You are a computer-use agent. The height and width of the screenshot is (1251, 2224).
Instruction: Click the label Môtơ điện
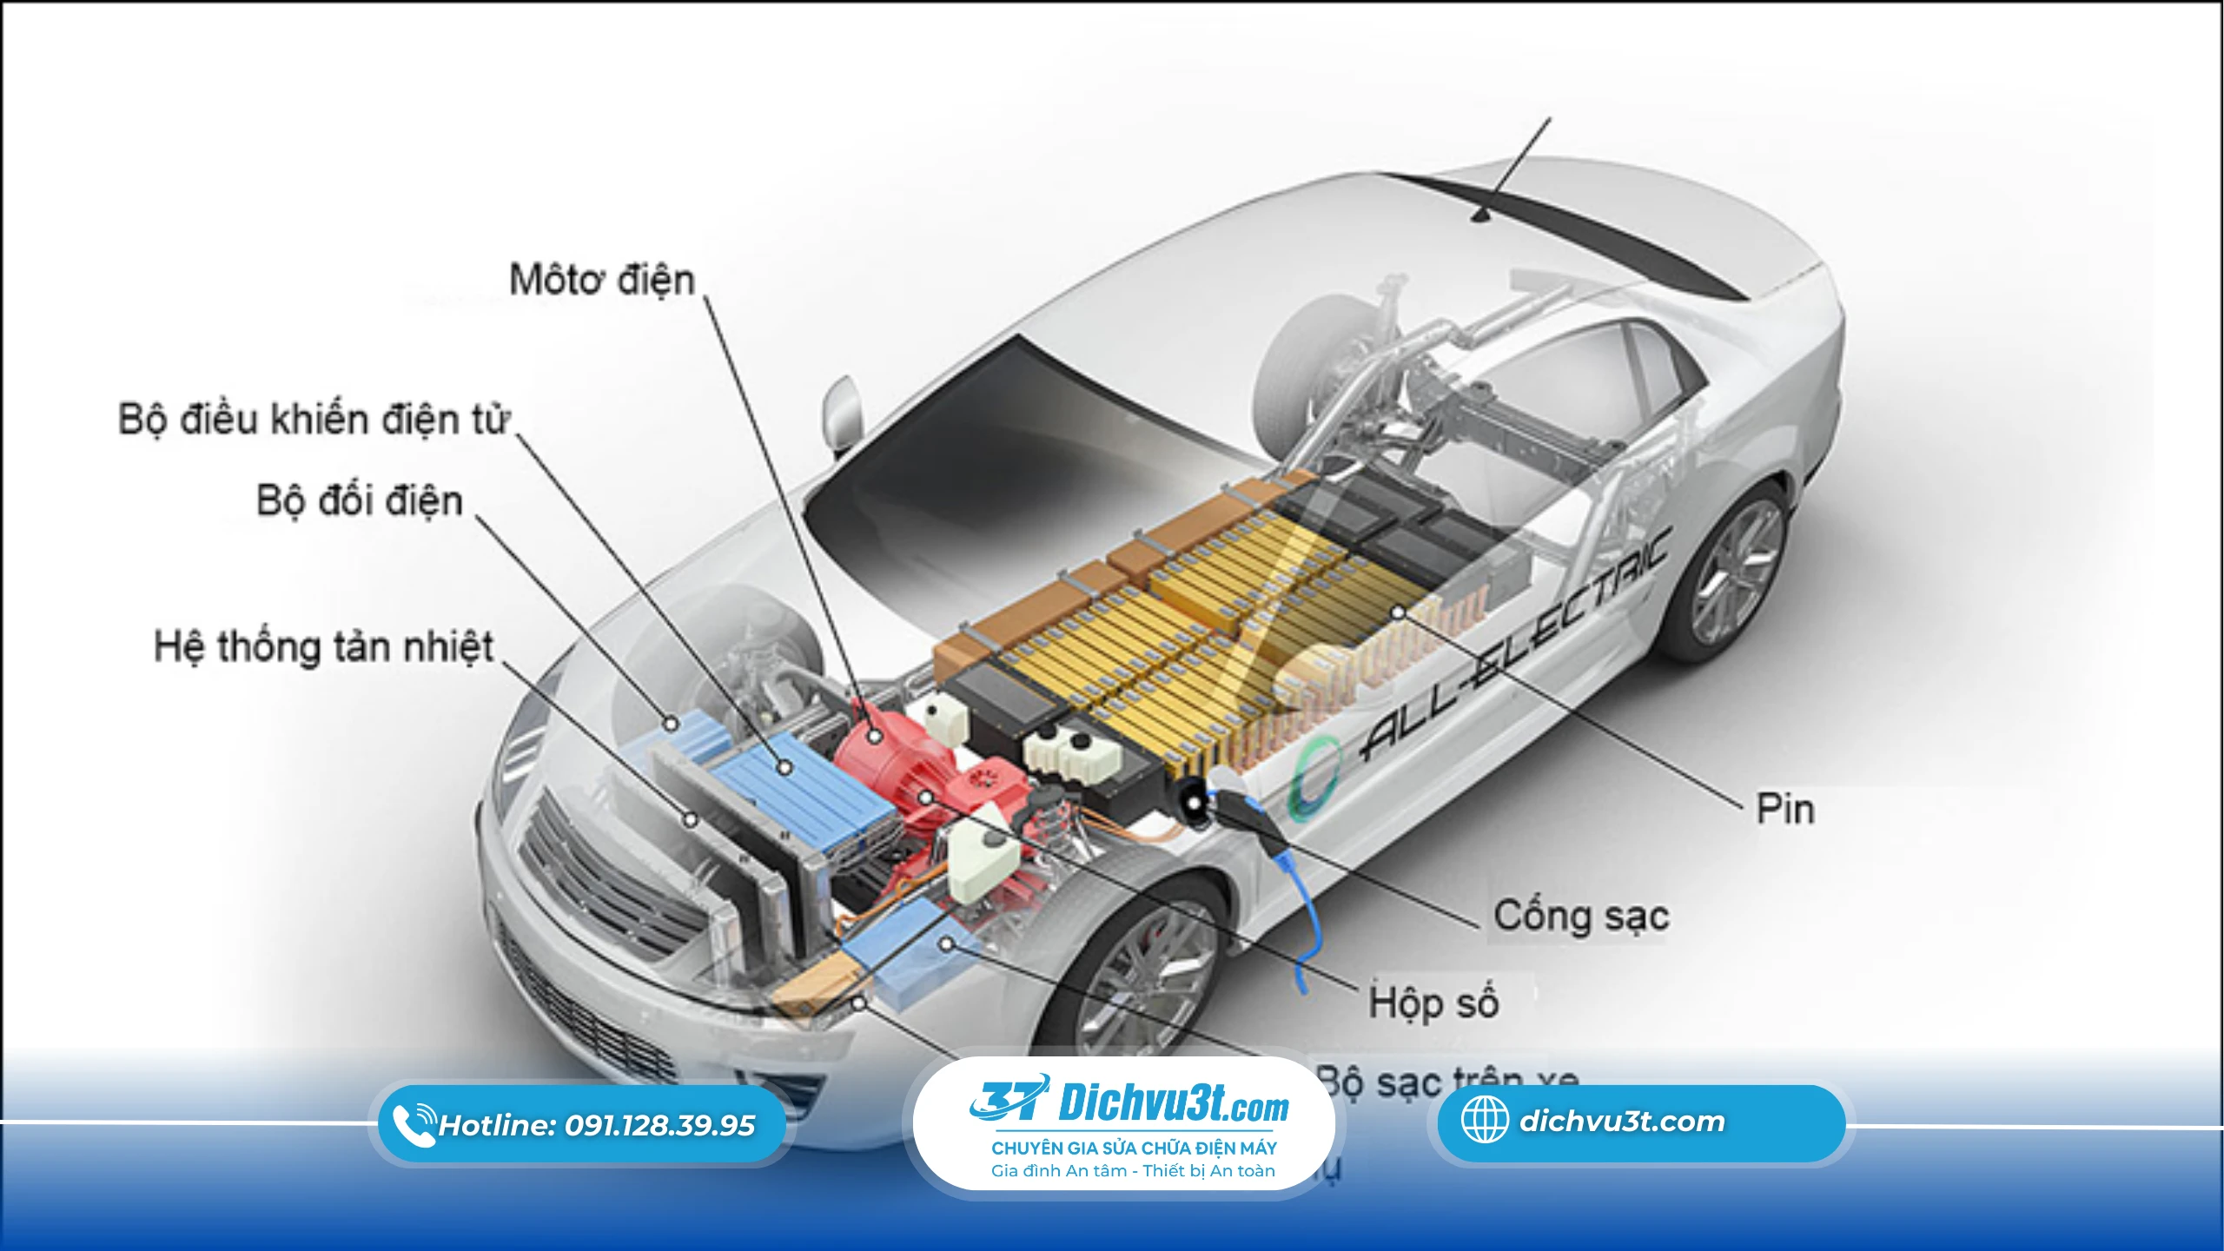coord(602,281)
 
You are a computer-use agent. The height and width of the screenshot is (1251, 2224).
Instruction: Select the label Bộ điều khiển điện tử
coord(314,420)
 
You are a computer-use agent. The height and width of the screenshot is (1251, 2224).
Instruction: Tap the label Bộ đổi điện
coord(359,501)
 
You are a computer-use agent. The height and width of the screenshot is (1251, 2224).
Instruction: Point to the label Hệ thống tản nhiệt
coord(323,648)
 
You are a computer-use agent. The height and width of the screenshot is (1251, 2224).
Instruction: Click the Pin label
coord(1785,809)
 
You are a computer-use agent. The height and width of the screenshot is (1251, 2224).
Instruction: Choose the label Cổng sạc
coord(1581,917)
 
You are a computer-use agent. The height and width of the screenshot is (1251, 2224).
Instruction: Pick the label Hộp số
coord(1433,1003)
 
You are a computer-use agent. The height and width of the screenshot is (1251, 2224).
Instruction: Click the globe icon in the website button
coord(1485,1120)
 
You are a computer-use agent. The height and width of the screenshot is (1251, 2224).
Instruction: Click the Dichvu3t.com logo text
coord(1173,1102)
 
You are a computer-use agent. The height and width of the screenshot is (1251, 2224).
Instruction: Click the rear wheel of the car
coord(1729,573)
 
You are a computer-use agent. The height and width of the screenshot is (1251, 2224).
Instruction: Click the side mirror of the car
coord(842,408)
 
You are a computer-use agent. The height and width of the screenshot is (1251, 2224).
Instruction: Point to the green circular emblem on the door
coord(1308,778)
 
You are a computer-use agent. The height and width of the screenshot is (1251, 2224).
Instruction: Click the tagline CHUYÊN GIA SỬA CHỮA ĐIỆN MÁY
coord(1134,1148)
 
